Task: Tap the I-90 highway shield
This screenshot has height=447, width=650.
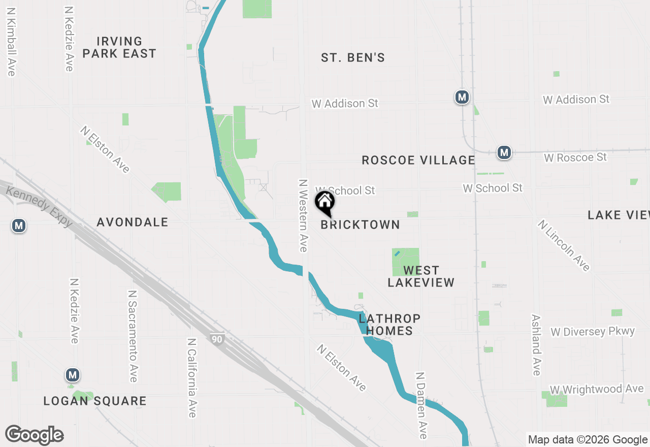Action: [217, 338]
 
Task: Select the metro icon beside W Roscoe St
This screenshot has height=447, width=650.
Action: [504, 152]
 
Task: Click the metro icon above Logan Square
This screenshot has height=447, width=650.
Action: [73, 375]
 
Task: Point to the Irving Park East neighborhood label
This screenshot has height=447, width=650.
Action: [119, 47]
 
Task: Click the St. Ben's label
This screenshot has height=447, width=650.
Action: [353, 58]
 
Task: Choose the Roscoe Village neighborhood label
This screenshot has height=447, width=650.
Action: [418, 161]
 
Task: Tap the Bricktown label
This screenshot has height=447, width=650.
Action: [361, 225]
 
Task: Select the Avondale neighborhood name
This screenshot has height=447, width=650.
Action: [133, 222]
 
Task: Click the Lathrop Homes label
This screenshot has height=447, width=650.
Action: [389, 325]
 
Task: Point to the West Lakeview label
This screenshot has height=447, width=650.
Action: [421, 276]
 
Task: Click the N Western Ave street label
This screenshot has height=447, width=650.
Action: [304, 215]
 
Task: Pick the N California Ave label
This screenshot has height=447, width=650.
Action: [191, 378]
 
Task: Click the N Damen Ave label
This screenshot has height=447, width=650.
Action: [420, 405]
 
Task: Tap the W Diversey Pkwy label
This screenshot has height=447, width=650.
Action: [593, 332]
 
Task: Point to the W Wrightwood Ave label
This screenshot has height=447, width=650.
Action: [597, 389]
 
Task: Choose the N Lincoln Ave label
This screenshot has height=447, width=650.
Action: [564, 245]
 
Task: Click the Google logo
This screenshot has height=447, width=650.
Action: [35, 435]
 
